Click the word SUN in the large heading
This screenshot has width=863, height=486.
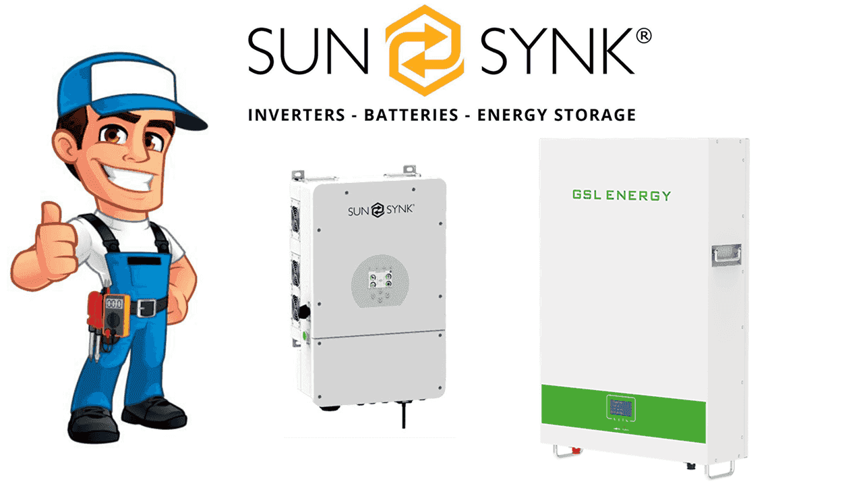[308, 51]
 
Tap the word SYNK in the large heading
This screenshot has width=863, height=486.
[556, 51]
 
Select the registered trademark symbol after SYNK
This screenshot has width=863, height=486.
[643, 36]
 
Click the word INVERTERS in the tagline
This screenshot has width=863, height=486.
[295, 115]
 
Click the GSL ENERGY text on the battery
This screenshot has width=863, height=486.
[622, 196]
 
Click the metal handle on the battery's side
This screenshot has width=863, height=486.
[726, 254]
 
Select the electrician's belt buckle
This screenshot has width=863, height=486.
[142, 308]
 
